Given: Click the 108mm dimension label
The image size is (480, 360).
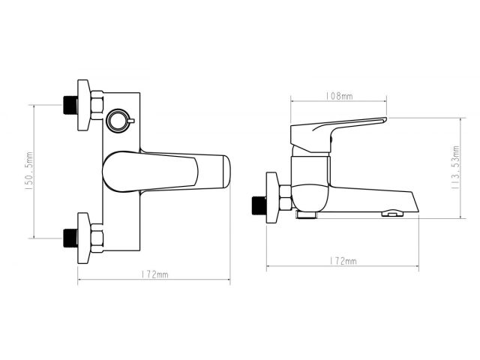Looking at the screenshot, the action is (338, 96).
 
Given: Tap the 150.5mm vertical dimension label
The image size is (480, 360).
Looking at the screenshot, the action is (29, 171).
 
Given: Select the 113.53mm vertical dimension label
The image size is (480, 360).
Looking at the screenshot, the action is (456, 167).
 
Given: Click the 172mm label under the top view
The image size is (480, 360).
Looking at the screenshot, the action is (154, 274).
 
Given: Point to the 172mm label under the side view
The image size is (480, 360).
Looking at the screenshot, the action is (343, 261).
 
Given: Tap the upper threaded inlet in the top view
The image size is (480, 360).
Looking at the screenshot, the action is (70, 105).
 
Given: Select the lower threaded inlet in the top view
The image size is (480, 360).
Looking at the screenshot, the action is (70, 238).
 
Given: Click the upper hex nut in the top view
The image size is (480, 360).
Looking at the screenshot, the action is (97, 105).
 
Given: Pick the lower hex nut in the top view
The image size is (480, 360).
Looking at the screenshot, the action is (97, 238).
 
